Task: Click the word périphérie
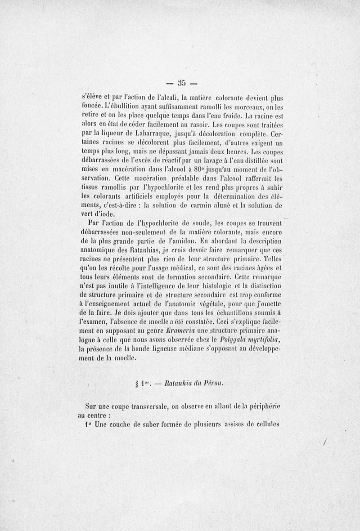pyautogui.click(x=262, y=407)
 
